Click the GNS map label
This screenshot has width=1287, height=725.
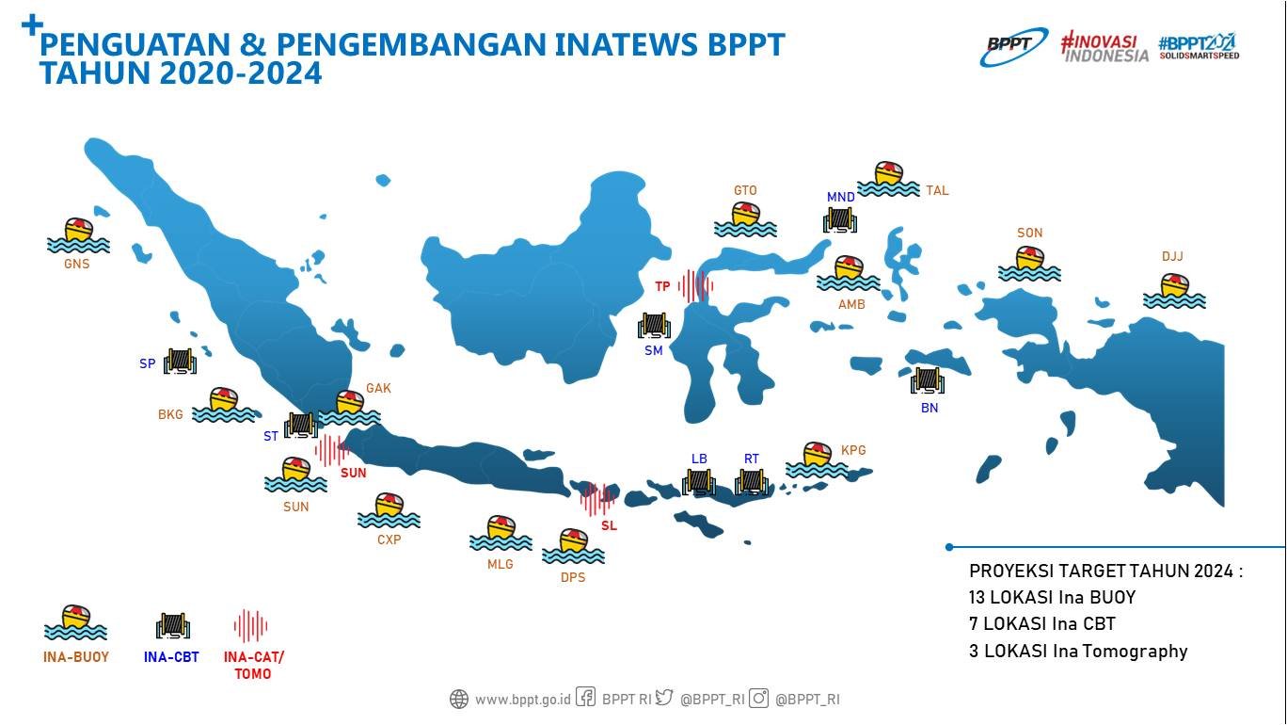pyautogui.click(x=76, y=264)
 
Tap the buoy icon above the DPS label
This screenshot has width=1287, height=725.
pyautogui.click(x=573, y=546)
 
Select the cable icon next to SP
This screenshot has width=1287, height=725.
pyautogui.click(x=179, y=362)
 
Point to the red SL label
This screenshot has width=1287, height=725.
pyautogui.click(x=609, y=525)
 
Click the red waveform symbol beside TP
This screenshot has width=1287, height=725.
pyautogui.click(x=695, y=285)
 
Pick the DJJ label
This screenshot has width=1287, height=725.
pyautogui.click(x=1172, y=256)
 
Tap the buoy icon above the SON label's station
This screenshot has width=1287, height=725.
pyautogui.click(x=1029, y=265)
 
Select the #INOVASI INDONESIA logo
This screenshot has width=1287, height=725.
pyautogui.click(x=1104, y=47)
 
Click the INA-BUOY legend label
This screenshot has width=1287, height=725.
pyautogui.click(x=76, y=657)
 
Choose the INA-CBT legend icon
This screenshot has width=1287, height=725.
pyautogui.click(x=173, y=625)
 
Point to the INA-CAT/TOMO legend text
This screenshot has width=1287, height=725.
pyautogui.click(x=253, y=665)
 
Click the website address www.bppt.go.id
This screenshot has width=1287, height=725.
pyautogui.click(x=522, y=700)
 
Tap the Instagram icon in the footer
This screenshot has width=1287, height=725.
pyautogui.click(x=759, y=699)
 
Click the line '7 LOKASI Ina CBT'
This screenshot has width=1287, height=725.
pyautogui.click(x=1041, y=623)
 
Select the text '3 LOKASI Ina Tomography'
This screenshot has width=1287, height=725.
pyautogui.click(x=1078, y=651)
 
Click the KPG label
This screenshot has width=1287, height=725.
pyautogui.click(x=853, y=450)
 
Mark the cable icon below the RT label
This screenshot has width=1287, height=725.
pyautogui.click(x=752, y=481)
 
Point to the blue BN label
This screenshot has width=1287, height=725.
pyautogui.click(x=929, y=408)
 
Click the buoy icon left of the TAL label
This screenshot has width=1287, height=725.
pyautogui.click(x=888, y=179)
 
